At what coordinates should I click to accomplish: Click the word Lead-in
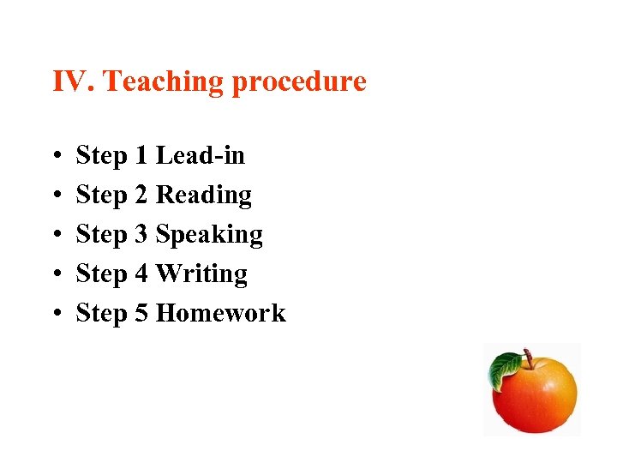pyautogui.click(x=200, y=156)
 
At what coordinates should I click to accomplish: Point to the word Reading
pyautogui.click(x=204, y=196)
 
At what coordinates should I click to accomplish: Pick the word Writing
pyautogui.click(x=202, y=274)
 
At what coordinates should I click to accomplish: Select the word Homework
pyautogui.click(x=221, y=314)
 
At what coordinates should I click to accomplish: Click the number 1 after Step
pyautogui.click(x=141, y=156)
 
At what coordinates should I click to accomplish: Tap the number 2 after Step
pyautogui.click(x=141, y=195)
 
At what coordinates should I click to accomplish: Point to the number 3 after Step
pyautogui.click(x=141, y=235)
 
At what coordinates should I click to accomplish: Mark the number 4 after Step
pyautogui.click(x=141, y=274)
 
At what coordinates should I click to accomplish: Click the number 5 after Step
pyautogui.click(x=141, y=314)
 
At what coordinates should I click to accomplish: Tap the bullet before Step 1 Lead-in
pyautogui.click(x=56, y=157)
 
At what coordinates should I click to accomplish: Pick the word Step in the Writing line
pyautogui.click(x=101, y=275)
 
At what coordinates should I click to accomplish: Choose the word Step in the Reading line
pyautogui.click(x=101, y=196)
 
